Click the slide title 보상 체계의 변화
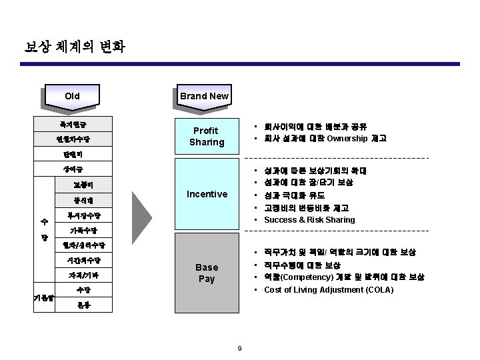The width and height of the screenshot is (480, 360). (x=74, y=47)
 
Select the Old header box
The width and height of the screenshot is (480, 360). (x=72, y=96)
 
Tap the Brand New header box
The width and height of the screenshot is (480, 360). (x=204, y=96)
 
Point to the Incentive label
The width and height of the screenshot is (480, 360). (x=207, y=195)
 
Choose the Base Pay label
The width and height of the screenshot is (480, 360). (x=207, y=273)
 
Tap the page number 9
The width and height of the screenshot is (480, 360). (x=240, y=347)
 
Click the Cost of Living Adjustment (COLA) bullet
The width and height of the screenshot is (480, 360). (x=329, y=290)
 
